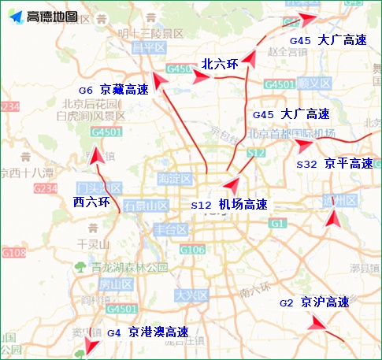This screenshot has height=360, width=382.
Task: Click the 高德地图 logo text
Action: (52, 17)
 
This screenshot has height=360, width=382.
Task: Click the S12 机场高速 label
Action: (229, 205)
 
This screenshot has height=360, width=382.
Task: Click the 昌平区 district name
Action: (145, 47)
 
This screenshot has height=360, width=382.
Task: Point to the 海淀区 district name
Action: (176, 179)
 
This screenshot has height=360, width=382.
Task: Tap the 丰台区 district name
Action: (169, 229)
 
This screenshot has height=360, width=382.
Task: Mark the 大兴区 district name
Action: (190, 296)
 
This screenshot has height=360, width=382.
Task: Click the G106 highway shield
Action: (192, 250)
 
